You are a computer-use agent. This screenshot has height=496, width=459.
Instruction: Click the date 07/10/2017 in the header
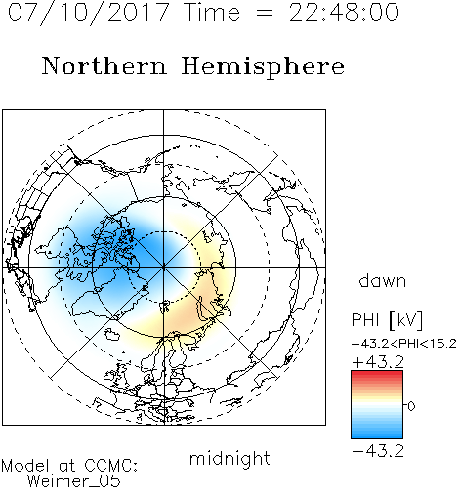tap(89, 13)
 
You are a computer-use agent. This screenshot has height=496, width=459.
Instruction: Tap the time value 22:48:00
tap(344, 13)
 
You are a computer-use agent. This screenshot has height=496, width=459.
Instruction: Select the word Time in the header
tap(212, 13)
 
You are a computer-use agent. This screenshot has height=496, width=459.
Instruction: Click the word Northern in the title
tap(104, 65)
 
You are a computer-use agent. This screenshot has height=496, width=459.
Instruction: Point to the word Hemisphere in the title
tap(263, 67)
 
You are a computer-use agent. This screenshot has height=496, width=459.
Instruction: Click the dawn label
tap(383, 280)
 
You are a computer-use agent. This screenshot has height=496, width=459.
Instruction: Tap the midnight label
tap(229, 458)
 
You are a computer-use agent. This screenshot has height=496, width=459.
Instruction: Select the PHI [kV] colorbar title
tap(387, 320)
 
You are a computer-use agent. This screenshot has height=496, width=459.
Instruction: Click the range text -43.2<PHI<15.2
tap(404, 344)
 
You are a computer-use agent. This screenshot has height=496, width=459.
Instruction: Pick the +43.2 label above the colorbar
tap(378, 362)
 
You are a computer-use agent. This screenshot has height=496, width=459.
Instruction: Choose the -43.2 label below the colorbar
tap(378, 451)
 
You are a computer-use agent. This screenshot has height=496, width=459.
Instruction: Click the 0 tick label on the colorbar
tap(411, 406)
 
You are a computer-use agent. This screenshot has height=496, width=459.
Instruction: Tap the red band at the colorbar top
tap(377, 375)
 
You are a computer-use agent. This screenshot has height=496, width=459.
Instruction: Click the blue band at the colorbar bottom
tap(377, 434)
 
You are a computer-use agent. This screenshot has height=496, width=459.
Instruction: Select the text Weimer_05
tap(74, 481)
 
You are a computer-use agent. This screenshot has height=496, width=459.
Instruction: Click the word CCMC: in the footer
tap(111, 466)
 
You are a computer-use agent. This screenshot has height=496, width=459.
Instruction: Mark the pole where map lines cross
tap(163, 267)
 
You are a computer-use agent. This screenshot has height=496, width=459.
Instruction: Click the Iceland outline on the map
tap(112, 334)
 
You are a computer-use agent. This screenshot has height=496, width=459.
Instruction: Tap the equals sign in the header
tap(264, 13)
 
